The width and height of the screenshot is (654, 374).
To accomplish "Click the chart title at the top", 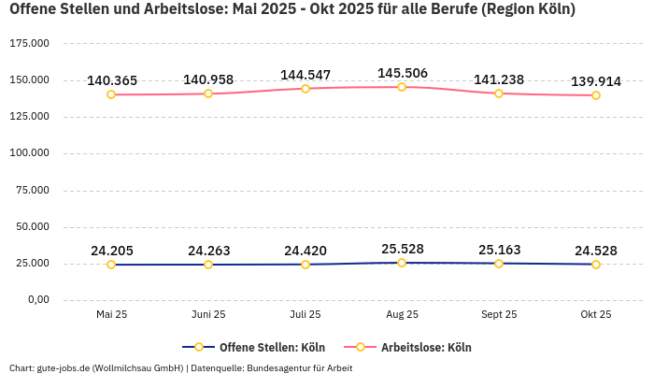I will [x=291, y=10].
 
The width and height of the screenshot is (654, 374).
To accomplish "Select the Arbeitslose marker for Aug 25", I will [x=402, y=87].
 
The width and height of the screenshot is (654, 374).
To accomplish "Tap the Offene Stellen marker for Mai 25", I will [x=111, y=265].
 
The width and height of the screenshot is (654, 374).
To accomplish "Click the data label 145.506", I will [x=402, y=73].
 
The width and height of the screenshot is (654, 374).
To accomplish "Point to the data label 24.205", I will [x=111, y=251].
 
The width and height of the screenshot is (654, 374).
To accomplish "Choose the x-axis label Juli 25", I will [x=305, y=315].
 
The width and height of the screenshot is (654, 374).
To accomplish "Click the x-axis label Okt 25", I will [x=595, y=315].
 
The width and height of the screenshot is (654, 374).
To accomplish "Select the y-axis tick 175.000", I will [x=29, y=44].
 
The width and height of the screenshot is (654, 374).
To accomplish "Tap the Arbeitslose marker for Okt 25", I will [x=595, y=95].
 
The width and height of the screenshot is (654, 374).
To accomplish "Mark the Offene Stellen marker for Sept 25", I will [x=499, y=264].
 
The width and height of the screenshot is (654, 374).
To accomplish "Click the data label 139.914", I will [x=595, y=81].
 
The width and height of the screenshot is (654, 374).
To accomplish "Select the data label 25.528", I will [x=402, y=249].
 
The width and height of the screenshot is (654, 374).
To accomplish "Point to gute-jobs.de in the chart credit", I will [x=63, y=367].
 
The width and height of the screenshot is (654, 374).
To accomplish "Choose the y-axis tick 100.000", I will [x=29, y=153].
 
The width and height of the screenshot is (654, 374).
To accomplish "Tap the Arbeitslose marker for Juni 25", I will [x=208, y=93].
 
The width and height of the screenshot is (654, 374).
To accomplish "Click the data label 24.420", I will [x=305, y=251].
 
